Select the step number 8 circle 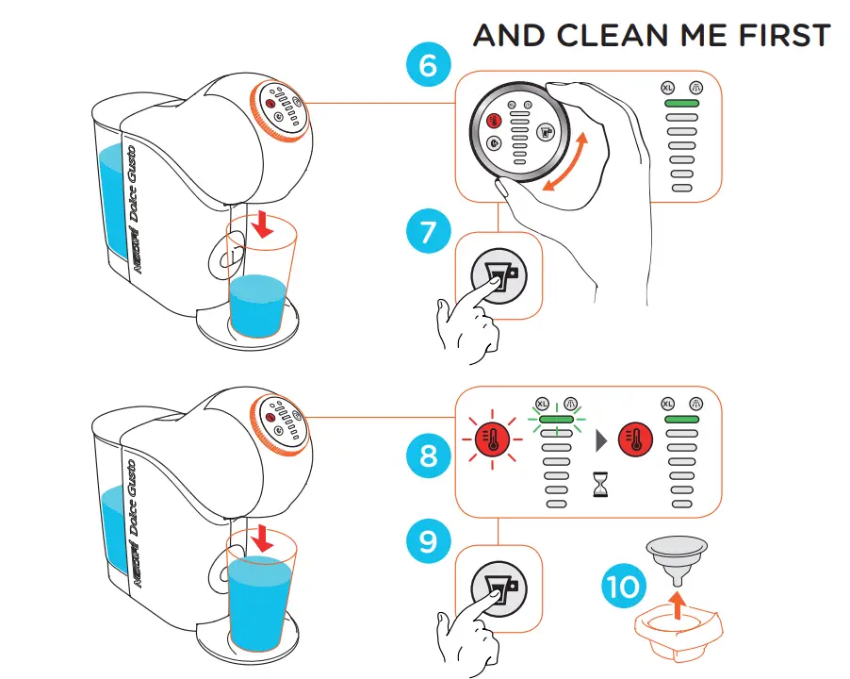pyautogui.click(x=429, y=455)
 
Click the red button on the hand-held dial pyautogui.click(x=493, y=121)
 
